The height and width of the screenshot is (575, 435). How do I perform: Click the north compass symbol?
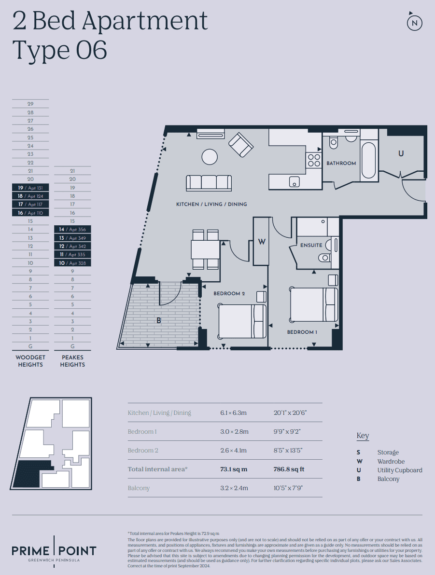[414, 22]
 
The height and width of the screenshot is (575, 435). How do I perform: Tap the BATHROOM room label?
[341, 163]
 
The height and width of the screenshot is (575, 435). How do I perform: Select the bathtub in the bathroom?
[368, 160]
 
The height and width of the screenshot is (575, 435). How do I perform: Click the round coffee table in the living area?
[210, 157]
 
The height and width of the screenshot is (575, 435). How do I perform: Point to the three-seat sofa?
[209, 183]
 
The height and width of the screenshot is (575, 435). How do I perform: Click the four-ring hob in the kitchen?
[314, 160]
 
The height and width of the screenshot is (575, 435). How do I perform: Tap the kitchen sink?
[294, 181]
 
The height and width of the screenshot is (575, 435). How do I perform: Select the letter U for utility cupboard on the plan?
[401, 153]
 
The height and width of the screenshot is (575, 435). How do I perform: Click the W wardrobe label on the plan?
[261, 242]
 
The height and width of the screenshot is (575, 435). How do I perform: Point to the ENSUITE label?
[311, 245]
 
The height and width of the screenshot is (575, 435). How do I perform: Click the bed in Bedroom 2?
[242, 321]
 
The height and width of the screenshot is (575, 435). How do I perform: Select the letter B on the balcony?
[159, 320]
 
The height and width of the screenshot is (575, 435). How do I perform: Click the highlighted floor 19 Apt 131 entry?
[30, 188]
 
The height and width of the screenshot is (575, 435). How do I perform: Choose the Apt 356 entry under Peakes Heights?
[73, 230]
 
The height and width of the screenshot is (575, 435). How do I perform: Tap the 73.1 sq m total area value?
[234, 469]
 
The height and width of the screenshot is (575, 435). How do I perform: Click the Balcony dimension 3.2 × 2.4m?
[234, 488]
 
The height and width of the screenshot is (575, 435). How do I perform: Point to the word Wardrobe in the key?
[391, 461]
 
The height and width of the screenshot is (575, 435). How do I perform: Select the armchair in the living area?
[241, 144]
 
